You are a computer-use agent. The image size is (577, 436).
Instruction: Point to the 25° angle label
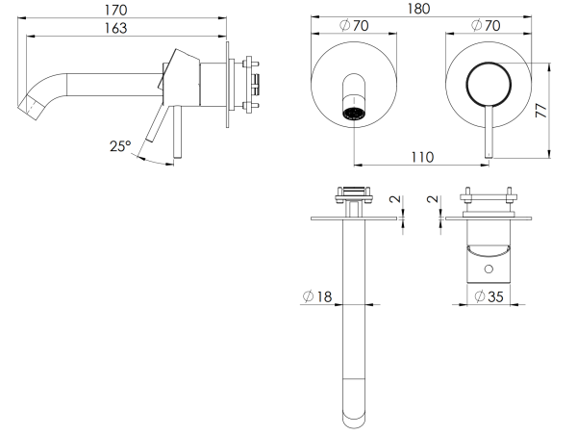120,146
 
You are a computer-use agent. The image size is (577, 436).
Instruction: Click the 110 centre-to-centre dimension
419,156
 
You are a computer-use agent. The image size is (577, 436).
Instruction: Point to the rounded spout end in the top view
355,414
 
